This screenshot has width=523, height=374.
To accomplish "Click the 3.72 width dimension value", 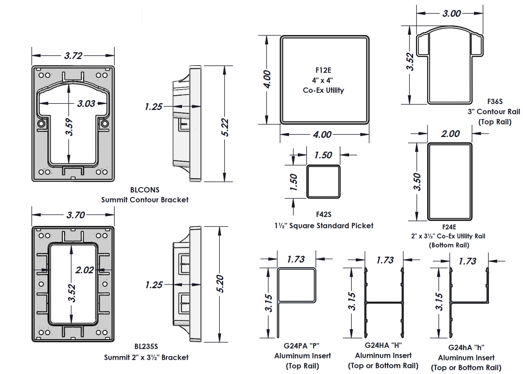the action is coord(73,56).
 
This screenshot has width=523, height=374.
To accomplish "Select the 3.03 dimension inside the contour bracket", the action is coord(86,103).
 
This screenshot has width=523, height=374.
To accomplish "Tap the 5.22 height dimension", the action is coord(225,127).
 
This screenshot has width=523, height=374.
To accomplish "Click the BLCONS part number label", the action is coord(145,190).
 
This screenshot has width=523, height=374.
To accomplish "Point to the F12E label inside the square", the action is coord(323,70).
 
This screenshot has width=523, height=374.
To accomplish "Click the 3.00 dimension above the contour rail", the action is coord(452,14).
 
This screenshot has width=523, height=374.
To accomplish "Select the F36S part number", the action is coord(495,102).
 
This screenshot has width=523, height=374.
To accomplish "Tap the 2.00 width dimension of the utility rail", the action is coord(450,134).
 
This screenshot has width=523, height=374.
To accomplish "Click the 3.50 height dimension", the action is coord(417,182).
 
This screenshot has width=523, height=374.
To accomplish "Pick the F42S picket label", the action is coord(324,214).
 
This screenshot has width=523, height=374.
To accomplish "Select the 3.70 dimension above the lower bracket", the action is coord(76,215).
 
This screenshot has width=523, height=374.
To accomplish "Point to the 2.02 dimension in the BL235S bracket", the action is coord(84,270).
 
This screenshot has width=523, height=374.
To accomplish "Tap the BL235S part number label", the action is coord(146,346).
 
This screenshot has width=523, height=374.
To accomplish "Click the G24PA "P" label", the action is coord(302,346).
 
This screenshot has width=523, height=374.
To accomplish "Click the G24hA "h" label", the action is coord(466,347).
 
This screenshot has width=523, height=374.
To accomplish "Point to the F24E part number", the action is coord(449,227).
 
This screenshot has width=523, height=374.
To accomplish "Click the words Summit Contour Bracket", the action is coord(145,200).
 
